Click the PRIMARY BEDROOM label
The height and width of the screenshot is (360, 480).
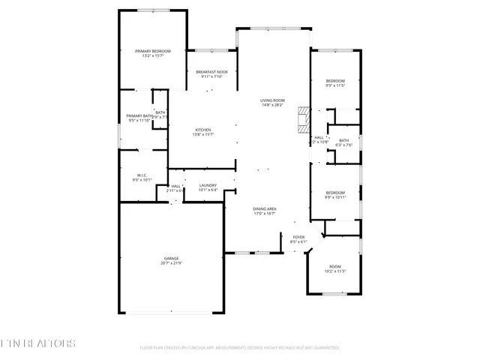click(x=153, y=51)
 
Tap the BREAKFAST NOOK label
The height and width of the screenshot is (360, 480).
click(x=211, y=72)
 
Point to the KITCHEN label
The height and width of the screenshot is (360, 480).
click(x=204, y=130)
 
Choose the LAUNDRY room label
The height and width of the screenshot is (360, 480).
click(x=208, y=185)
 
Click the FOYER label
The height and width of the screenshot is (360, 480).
click(x=298, y=237)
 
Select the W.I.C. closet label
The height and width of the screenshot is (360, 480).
click(x=142, y=175)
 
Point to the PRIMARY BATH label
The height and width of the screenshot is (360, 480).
click(x=139, y=115)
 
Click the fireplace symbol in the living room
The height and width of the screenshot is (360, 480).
click(x=303, y=119)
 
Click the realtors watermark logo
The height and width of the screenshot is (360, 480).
click(x=38, y=344)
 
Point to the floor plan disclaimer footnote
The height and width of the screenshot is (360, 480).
click(x=239, y=348)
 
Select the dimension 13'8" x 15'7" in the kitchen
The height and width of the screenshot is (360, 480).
click(x=204, y=135)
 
